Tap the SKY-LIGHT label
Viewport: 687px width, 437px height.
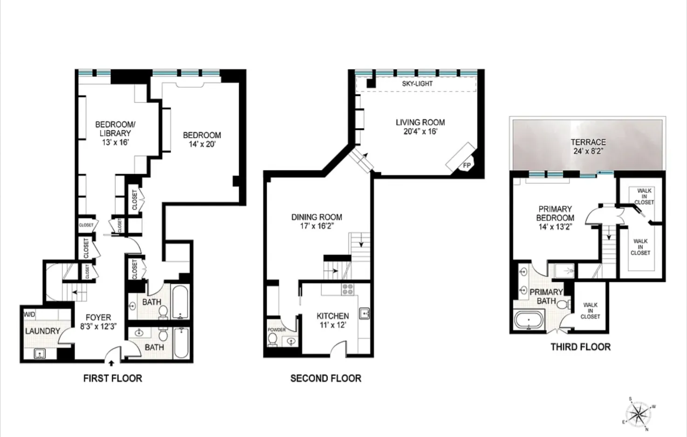coord(417,84)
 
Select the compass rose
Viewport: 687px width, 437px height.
coord(638,413)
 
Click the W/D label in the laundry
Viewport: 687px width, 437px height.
coord(29,314)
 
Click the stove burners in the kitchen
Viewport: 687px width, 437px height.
coord(348,289)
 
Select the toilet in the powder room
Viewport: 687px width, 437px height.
coord(273,339)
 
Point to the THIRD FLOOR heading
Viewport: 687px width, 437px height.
coord(580,347)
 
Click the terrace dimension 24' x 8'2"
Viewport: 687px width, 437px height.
coord(588,151)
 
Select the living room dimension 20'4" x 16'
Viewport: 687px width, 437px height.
coord(420,131)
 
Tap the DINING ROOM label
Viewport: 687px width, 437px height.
coord(316,217)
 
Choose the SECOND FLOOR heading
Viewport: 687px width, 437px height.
coord(325,378)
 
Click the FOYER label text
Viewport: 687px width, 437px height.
coord(98,317)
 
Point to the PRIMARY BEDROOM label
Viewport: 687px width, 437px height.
coord(555,213)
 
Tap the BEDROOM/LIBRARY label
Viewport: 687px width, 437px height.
coord(115,129)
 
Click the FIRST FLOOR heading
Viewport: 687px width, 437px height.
coord(112,378)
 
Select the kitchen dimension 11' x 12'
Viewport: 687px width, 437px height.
coord(332,325)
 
